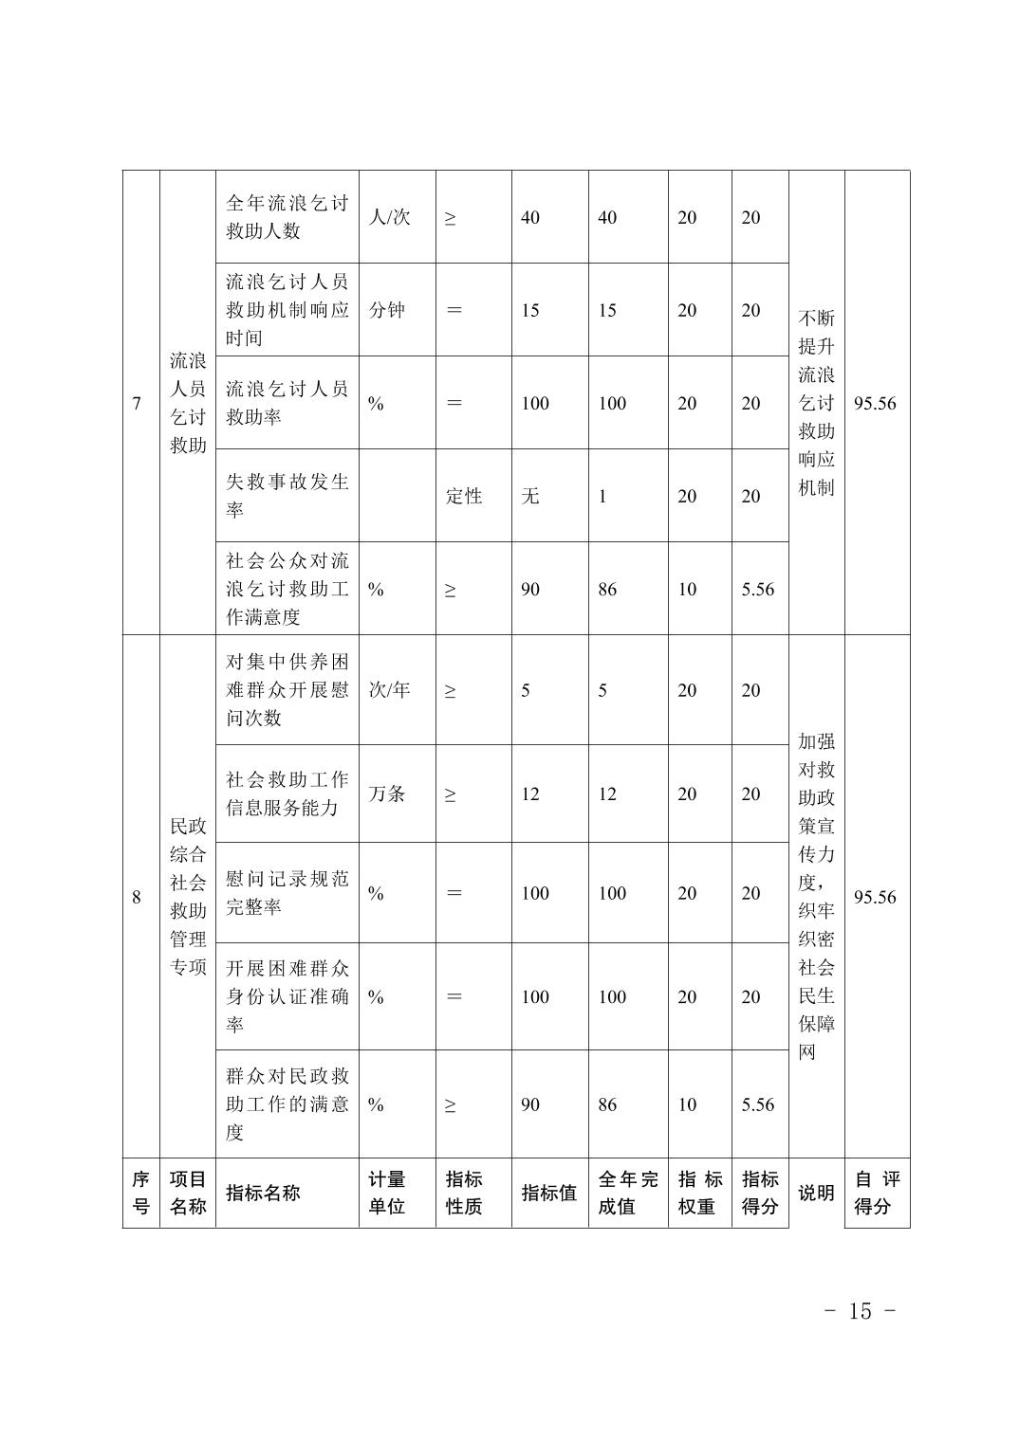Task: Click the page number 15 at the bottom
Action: coord(860,1310)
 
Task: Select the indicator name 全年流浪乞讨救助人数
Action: coord(287,217)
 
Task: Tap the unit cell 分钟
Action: coord(387,310)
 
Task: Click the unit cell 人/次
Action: coord(389,217)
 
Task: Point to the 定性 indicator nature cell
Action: coord(464,496)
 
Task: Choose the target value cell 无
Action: coord(530,496)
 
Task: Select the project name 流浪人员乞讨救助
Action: coord(188,403)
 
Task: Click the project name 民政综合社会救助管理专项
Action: coord(188,896)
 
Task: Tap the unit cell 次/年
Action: coord(389,690)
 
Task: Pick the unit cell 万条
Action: coord(387,793)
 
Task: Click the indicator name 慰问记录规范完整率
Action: coord(287,892)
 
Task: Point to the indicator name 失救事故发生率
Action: coord(287,495)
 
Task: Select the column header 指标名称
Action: coord(263,1193)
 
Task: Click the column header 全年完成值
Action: coord(627,1193)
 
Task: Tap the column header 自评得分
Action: coord(877,1193)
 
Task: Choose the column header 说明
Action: coord(816,1193)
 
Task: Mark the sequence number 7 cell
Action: coord(138,403)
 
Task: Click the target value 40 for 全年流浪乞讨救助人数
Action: coord(530,217)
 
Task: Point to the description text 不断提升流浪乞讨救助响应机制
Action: coord(816,403)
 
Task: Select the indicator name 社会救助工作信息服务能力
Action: coord(287,793)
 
